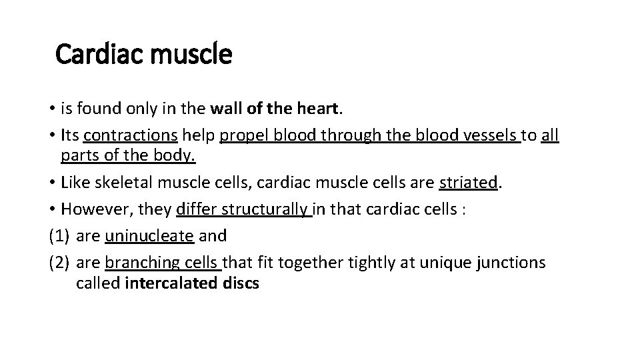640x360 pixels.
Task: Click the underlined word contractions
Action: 131,136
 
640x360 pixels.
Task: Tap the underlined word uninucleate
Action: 149,236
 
